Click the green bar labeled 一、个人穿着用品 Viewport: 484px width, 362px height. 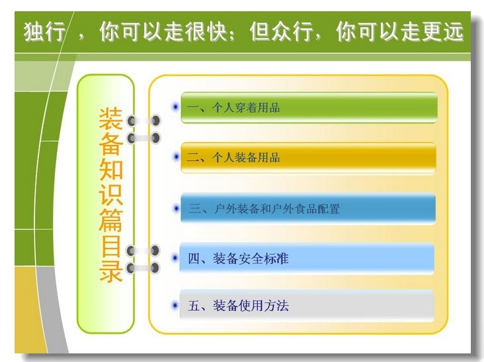[x=309, y=108]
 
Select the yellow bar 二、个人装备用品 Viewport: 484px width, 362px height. [x=308, y=158]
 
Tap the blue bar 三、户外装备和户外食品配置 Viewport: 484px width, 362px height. [x=308, y=208]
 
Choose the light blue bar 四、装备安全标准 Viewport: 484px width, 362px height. [x=307, y=258]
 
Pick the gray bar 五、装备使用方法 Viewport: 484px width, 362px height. [x=307, y=306]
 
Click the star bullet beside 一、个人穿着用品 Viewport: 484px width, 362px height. [x=175, y=107]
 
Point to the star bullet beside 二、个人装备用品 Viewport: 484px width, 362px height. [x=176, y=158]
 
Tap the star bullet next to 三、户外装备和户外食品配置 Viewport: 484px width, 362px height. [x=177, y=208]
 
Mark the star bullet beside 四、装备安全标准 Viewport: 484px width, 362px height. [x=175, y=258]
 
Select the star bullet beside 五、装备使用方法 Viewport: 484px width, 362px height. [x=175, y=306]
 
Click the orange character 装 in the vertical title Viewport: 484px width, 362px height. [x=111, y=119]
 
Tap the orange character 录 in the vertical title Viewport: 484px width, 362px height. [x=111, y=270]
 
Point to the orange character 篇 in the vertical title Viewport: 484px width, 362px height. [x=111, y=220]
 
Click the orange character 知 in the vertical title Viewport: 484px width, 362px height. [x=111, y=169]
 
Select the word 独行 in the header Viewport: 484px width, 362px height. [x=44, y=32]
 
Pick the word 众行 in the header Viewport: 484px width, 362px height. [x=292, y=32]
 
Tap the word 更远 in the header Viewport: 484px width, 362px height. [x=442, y=32]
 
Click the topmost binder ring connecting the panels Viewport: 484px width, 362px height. [x=144, y=120]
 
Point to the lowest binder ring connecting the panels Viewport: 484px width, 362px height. [x=143, y=267]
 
